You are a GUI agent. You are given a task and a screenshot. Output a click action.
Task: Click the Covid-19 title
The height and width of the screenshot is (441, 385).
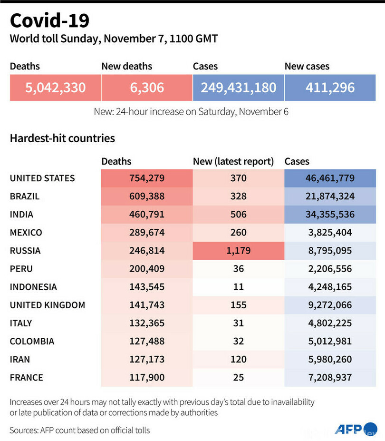click(49, 21)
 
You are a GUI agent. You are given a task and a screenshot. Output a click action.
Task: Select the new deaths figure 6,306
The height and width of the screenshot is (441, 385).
click(146, 88)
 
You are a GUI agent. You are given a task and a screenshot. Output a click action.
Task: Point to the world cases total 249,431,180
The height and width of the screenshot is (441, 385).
click(238, 88)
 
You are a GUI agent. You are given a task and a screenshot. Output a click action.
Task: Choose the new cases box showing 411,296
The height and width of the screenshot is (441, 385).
click(330, 88)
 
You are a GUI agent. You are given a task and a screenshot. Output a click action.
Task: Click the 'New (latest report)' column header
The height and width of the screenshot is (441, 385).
click(233, 162)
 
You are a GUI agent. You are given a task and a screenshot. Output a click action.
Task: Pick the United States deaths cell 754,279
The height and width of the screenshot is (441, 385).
click(146, 178)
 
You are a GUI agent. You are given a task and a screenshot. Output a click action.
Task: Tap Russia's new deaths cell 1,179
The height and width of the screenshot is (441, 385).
click(238, 251)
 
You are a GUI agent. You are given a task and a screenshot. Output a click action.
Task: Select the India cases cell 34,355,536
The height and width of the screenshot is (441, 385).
click(330, 215)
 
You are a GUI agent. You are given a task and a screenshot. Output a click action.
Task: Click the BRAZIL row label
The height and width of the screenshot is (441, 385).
click(25, 196)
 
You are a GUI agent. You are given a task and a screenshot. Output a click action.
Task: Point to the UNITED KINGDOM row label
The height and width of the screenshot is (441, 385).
click(48, 305)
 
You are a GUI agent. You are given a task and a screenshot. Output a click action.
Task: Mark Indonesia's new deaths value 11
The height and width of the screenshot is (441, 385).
click(238, 287)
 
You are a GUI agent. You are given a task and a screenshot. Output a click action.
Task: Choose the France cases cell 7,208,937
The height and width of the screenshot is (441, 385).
click(330, 377)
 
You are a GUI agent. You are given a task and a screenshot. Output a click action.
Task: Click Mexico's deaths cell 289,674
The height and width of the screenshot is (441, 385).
click(146, 233)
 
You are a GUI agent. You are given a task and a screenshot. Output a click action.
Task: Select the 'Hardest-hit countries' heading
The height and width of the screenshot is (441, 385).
click(62, 138)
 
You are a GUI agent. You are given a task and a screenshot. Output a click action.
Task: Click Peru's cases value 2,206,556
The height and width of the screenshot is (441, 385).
click(330, 269)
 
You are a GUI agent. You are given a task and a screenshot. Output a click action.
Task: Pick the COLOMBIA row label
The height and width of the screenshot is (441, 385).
click(32, 341)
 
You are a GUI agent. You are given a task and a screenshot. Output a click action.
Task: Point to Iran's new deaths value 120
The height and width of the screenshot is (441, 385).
click(238, 359)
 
